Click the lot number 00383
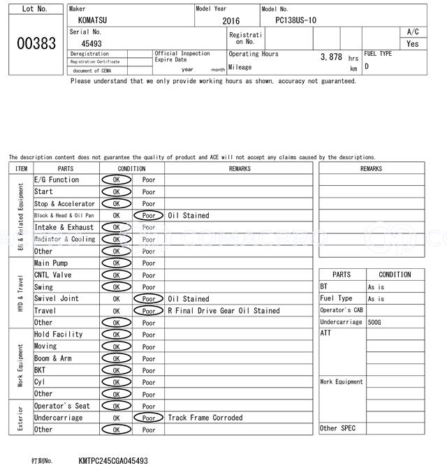(x=36, y=43)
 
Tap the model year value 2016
(x=230, y=21)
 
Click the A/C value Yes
(x=413, y=43)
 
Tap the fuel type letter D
(x=367, y=66)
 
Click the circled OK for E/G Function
(x=116, y=180)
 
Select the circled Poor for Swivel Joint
(x=148, y=299)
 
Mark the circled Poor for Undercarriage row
(x=148, y=418)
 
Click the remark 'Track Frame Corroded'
(x=205, y=418)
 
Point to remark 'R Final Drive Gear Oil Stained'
(x=223, y=311)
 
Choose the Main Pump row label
(x=51, y=263)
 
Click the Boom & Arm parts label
(x=53, y=358)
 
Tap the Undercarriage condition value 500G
(x=375, y=322)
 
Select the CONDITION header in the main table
(x=132, y=168)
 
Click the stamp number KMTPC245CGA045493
(x=113, y=461)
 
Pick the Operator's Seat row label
(x=62, y=406)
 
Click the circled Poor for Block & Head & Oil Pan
(x=148, y=216)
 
